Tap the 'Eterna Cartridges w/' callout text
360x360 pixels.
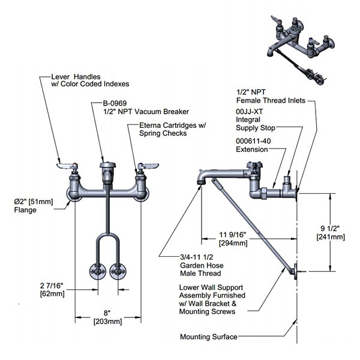(x=172, y=125)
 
